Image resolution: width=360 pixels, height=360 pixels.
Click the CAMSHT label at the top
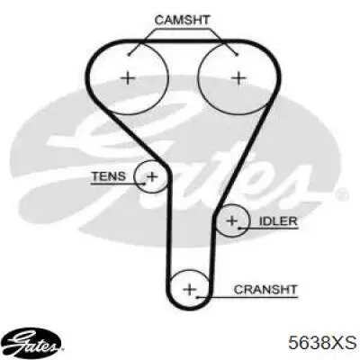coord(182,20)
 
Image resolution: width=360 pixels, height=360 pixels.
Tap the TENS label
coord(109,176)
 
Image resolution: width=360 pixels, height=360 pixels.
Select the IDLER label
coord(278,221)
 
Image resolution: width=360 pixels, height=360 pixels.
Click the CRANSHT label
coord(265,290)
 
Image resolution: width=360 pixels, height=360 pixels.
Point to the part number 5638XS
coord(322,343)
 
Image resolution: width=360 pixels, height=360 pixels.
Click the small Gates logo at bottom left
coord(34,342)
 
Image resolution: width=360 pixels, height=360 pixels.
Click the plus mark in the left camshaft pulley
coord(128,78)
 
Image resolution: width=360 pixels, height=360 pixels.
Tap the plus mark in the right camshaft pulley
coord(239,78)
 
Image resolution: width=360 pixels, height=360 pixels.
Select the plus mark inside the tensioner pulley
coord(152,176)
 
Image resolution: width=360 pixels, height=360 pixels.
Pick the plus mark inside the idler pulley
coord(232,220)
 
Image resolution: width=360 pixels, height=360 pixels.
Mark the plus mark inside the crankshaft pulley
coord(190,290)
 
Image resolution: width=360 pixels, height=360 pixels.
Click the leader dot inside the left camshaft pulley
coord(129,54)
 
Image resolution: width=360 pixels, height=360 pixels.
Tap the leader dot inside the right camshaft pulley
coord(237,54)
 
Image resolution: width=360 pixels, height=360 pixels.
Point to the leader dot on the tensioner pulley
coord(144,184)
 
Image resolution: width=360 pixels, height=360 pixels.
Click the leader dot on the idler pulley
coord(239,229)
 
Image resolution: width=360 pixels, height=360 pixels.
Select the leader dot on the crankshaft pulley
coord(197,297)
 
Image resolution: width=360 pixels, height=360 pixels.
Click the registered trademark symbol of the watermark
coord(342,194)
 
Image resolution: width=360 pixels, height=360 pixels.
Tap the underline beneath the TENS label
coord(118,184)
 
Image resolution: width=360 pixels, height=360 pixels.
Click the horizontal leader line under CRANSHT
coord(247,297)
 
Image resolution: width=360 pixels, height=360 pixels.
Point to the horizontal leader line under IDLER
coord(269,229)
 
